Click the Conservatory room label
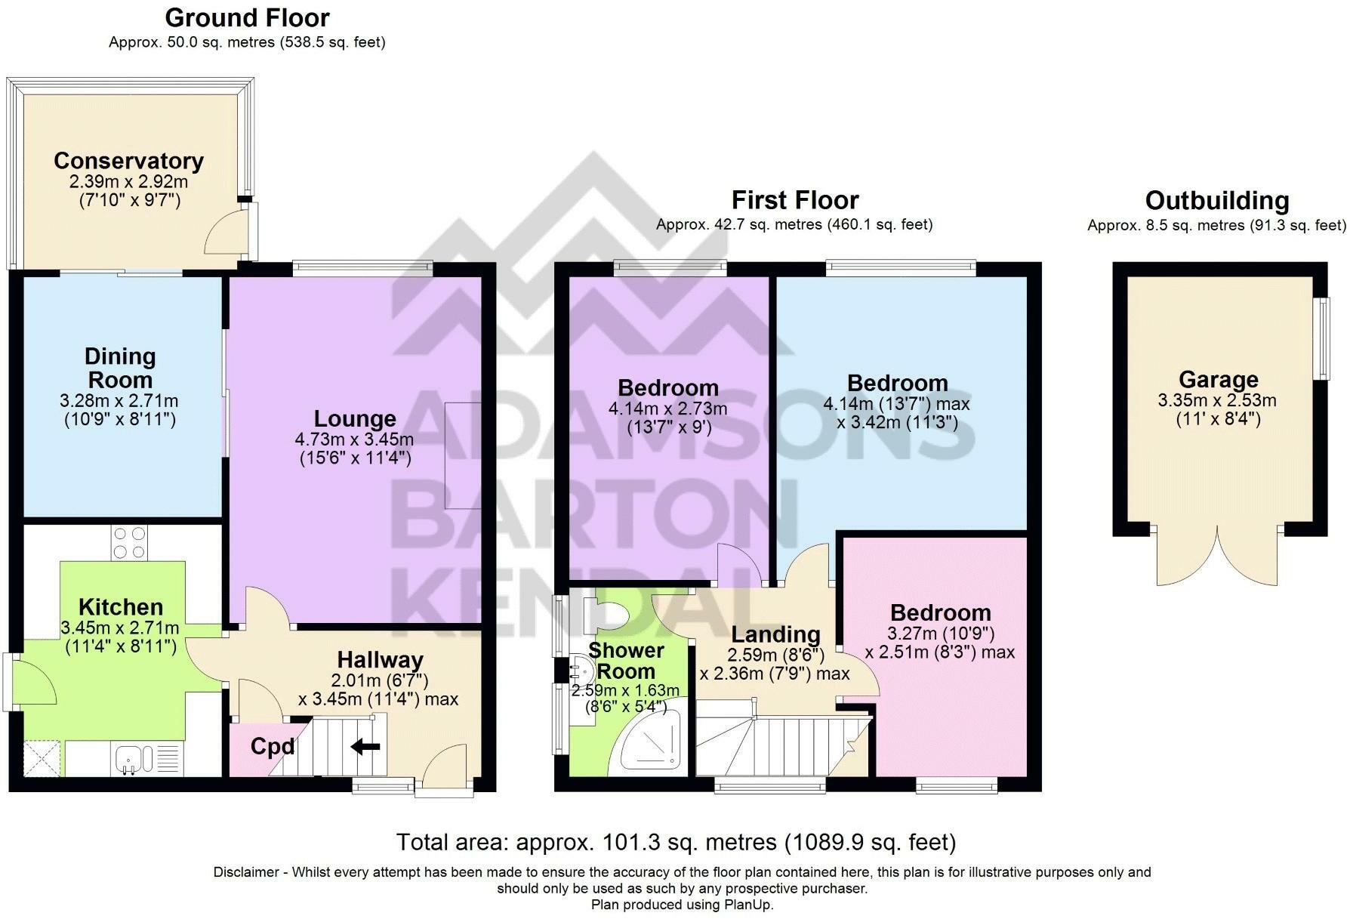pyautogui.click(x=128, y=161)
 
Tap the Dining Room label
pyautogui.click(x=119, y=368)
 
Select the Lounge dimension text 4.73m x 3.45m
pyautogui.click(x=354, y=439)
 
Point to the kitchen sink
pyautogui.click(x=134, y=759)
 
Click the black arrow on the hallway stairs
pyautogui.click(x=366, y=747)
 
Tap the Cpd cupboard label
pyautogui.click(x=273, y=747)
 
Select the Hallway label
pyautogui.click(x=380, y=660)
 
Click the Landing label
pyautogui.click(x=775, y=634)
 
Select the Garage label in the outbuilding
pyautogui.click(x=1219, y=380)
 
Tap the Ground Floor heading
pyautogui.click(x=247, y=17)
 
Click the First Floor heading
pyautogui.click(x=795, y=200)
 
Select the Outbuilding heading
pyautogui.click(x=1217, y=201)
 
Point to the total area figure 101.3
pyautogui.click(x=629, y=842)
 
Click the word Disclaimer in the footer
pyautogui.click(x=246, y=873)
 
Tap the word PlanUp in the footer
pyautogui.click(x=747, y=905)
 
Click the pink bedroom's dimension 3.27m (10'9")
pyautogui.click(x=940, y=634)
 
